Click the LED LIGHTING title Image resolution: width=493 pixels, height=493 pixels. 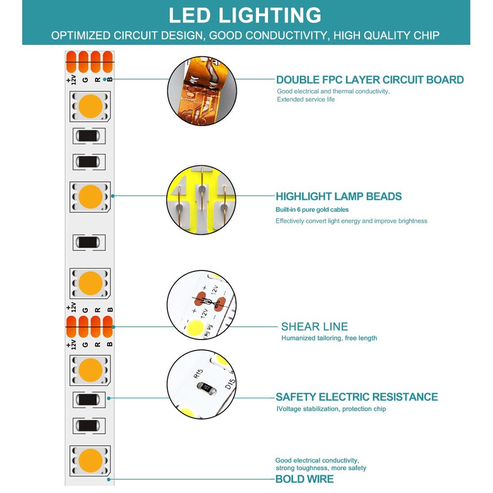(245, 15)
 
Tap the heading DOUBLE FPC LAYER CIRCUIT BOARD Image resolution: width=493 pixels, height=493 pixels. (370, 80)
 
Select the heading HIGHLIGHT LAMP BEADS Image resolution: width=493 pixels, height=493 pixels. (339, 196)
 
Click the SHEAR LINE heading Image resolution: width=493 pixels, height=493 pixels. (314, 327)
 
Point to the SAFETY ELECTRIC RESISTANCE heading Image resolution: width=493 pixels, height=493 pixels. (357, 397)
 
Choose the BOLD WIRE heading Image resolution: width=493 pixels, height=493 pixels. (304, 479)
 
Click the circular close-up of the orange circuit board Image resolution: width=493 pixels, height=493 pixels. (202, 90)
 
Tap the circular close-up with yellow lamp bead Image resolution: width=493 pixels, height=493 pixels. (201, 199)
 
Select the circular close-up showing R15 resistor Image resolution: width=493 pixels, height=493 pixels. (201, 384)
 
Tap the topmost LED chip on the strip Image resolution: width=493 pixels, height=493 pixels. (90, 106)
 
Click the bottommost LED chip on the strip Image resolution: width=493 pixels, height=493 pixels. (90, 460)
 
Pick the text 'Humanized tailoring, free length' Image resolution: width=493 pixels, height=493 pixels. (329, 338)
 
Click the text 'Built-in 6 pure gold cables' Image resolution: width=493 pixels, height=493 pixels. (312, 210)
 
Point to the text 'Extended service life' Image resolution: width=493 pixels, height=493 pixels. (305, 99)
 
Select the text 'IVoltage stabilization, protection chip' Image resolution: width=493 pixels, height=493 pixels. (331, 409)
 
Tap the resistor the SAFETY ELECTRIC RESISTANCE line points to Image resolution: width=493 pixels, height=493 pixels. (90, 399)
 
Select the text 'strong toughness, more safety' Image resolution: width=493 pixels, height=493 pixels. (321, 468)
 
